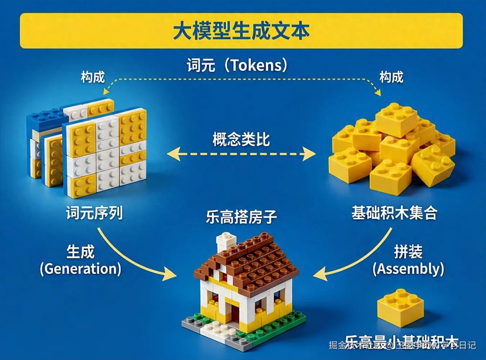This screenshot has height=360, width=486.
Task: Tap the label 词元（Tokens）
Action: (237, 65)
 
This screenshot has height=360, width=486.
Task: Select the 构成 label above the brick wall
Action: (93, 77)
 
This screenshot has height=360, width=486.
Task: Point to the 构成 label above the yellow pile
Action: (391, 77)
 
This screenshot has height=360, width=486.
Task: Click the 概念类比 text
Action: (241, 139)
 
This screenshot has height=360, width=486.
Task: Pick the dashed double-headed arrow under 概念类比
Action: (241, 154)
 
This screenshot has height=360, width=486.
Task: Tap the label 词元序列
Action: (94, 213)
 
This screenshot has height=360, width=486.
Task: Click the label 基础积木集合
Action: (394, 213)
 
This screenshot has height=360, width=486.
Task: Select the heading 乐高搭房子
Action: (241, 217)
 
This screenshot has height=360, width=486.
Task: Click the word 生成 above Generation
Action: (80, 252)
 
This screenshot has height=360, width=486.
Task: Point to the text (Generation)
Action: (80, 269)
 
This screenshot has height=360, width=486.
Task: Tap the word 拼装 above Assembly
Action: (408, 252)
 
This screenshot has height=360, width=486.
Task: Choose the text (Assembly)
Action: (408, 269)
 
